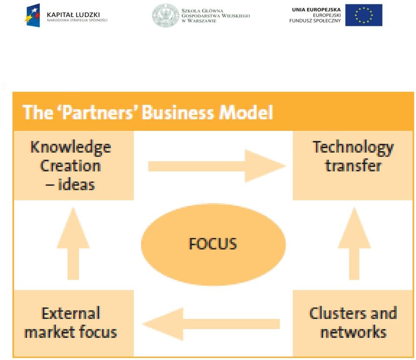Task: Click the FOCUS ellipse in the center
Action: coord(213,245)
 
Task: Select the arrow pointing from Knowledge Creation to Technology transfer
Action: coord(217,166)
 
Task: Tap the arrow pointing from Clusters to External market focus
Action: coord(211,324)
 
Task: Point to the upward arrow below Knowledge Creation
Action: coord(73,243)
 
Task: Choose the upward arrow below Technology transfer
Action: coord(354,243)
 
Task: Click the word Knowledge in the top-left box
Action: coord(71,147)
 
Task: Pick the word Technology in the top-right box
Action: coord(353,147)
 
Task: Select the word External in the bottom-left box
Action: coord(71,313)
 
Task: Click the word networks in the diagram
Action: coord(354,332)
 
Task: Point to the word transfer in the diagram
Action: coord(353,166)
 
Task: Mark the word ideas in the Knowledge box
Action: coord(76,184)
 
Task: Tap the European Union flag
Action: coord(364,15)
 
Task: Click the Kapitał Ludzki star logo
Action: coord(32,15)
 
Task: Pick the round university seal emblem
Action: coord(166,15)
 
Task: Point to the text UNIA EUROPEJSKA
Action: coord(316,10)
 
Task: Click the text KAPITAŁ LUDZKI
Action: coord(73,15)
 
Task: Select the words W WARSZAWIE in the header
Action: coord(199,21)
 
